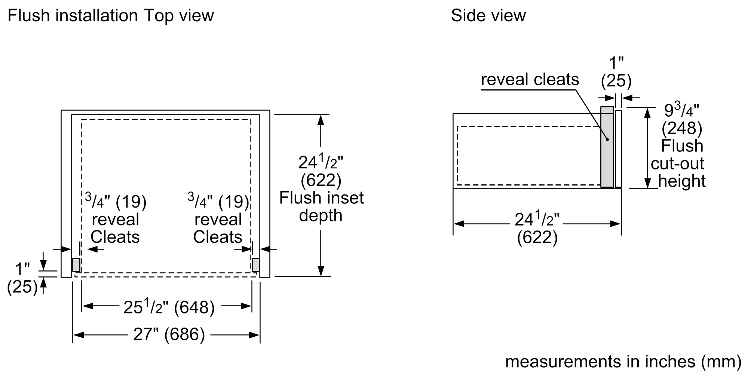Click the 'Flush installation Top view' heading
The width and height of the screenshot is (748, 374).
coord(111,16)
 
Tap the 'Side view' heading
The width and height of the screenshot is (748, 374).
coord(488,16)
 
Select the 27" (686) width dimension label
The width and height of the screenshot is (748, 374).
coord(169,334)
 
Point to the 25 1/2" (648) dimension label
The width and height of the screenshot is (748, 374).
coord(169,307)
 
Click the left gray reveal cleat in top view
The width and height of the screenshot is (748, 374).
coord(76,265)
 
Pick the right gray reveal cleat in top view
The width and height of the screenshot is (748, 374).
coord(256,265)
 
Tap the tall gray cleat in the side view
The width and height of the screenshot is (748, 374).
coord(607,147)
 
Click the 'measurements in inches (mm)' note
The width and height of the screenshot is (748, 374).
coord(623,361)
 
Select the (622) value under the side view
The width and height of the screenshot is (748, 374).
coord(537,237)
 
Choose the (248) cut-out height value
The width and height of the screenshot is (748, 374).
coord(682,128)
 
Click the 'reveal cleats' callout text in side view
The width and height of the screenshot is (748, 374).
coord(530,80)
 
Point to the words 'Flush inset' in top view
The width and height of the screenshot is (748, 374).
coord(321,198)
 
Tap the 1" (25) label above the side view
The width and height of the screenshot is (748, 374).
coord(616,72)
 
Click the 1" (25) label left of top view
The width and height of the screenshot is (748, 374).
coord(22,278)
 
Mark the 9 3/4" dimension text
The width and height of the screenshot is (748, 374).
coord(681,110)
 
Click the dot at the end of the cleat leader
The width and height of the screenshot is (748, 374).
coord(607,140)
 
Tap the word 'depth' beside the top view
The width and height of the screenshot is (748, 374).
coord(321,215)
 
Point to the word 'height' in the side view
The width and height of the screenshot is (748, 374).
coord(681,181)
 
